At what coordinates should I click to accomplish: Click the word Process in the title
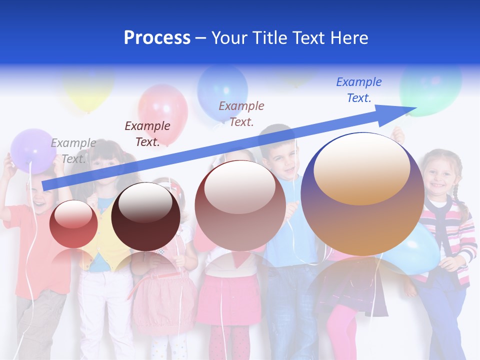pyautogui.click(x=157, y=38)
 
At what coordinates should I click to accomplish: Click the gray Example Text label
pyautogui.click(x=73, y=150)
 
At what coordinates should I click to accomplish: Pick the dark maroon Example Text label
pyautogui.click(x=147, y=133)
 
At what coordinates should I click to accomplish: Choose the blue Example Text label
pyautogui.click(x=358, y=90)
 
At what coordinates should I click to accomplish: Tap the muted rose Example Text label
pyautogui.click(x=241, y=113)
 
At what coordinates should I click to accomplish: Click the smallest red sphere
pyautogui.click(x=73, y=224)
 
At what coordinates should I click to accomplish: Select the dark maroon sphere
pyautogui.click(x=145, y=216)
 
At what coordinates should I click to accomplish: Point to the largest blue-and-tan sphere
pyautogui.click(x=362, y=194)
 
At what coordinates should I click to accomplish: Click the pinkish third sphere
pyautogui.click(x=240, y=205)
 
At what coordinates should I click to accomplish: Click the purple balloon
pyautogui.click(x=33, y=150)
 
